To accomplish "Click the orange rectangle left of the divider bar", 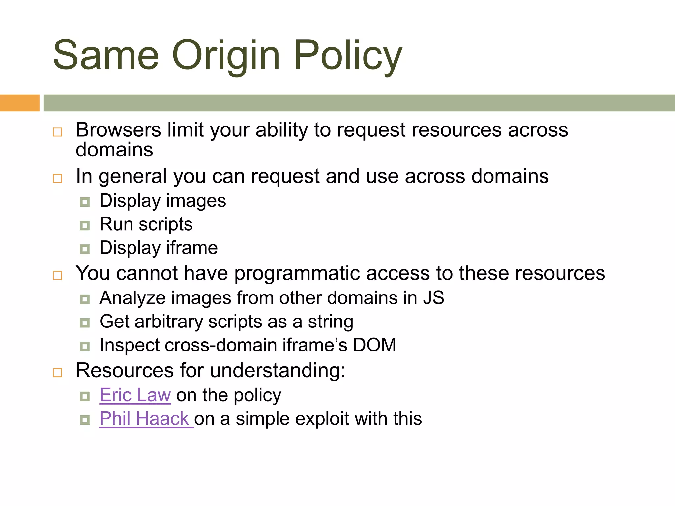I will [x=19, y=103].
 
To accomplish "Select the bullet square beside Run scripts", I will [x=85, y=226].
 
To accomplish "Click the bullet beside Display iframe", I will [x=85, y=249].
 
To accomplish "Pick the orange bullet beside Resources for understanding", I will [x=57, y=373].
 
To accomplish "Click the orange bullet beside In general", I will [x=57, y=178].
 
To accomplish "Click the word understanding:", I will [x=278, y=370].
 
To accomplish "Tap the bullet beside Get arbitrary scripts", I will [x=85, y=323].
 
